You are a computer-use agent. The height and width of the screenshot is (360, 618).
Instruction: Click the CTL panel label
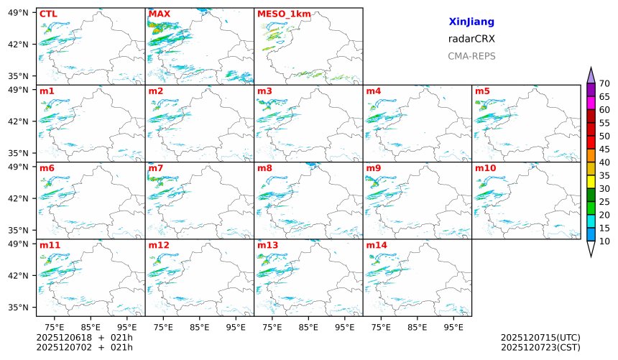(x=48, y=14)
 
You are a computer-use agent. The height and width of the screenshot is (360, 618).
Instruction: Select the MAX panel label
(x=159, y=14)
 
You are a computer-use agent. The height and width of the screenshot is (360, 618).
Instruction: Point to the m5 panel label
(x=482, y=91)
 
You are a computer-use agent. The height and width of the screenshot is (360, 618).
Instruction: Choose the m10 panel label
(x=485, y=168)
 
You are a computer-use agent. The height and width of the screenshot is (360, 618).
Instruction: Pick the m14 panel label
(x=377, y=245)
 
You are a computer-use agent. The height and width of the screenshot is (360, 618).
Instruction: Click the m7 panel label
(x=155, y=168)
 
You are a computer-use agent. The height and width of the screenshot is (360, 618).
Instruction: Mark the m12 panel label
(x=159, y=245)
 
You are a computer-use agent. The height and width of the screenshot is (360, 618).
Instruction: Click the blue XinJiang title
(x=471, y=22)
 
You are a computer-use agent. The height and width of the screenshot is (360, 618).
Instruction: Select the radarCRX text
(x=471, y=39)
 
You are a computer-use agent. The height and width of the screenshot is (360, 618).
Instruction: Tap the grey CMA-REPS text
(x=471, y=56)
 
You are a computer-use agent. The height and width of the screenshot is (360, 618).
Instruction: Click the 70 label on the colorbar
(x=604, y=83)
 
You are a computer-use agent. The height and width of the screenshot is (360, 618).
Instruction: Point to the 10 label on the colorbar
(x=604, y=241)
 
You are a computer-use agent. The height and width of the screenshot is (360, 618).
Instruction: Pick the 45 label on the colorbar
(x=604, y=149)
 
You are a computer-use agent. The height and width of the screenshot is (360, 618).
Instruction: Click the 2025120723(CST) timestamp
(x=540, y=348)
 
